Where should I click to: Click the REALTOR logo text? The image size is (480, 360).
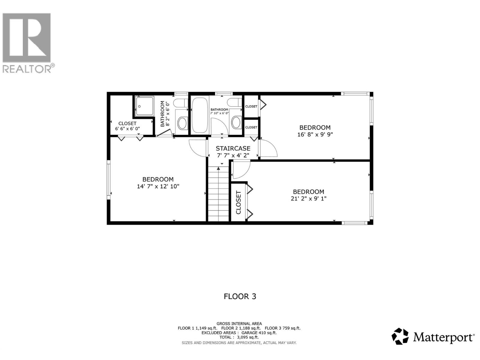coord(28,68)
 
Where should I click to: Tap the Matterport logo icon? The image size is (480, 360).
coord(400,336)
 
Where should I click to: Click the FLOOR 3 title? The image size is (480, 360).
coord(240,296)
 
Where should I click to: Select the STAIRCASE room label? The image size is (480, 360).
coord(233,148)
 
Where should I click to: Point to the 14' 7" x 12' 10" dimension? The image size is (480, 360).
coord(158,186)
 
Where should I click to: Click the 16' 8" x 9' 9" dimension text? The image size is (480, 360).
coord(315,134)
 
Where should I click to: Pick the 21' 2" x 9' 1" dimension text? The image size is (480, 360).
coord(308,198)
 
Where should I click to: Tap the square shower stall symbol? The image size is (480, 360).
coord(144,106)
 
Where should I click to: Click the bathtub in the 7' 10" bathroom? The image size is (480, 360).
coord(199,115)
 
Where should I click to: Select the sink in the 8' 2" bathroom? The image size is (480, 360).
coord(182,123)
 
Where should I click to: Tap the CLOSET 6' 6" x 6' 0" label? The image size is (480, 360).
coord(127,126)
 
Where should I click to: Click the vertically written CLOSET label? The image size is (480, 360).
coord(238,202)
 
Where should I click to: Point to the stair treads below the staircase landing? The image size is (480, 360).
coord(218,195)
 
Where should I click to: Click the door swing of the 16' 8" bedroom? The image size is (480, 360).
coord(268,148)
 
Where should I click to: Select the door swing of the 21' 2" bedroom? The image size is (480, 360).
coord(241,169)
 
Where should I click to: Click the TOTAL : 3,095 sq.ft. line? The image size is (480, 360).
coord(239,337)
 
